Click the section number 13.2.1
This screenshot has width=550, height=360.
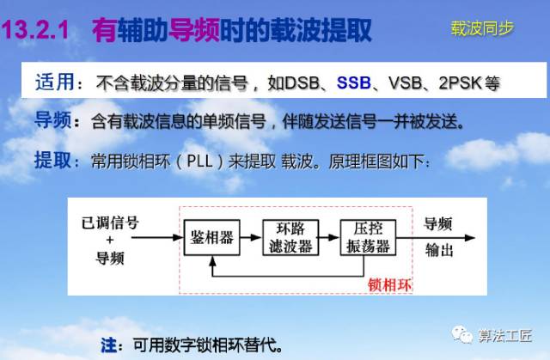click(x=35, y=29)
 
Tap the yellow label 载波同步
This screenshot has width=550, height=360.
click(x=482, y=28)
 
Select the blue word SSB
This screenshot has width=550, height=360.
click(x=353, y=83)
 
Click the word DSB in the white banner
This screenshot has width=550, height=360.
click(x=302, y=83)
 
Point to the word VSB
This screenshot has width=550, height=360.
click(x=405, y=83)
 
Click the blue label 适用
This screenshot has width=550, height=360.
click(x=55, y=82)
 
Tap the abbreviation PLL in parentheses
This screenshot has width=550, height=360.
click(x=200, y=162)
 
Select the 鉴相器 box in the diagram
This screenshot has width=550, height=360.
click(x=212, y=238)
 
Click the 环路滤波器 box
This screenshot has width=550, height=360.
click(x=290, y=238)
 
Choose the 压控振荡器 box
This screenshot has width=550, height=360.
click(x=369, y=238)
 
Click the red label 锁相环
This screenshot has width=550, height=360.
click(x=389, y=285)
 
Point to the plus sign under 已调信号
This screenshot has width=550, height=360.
click(x=110, y=240)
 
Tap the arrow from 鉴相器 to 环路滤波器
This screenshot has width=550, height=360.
click(x=251, y=238)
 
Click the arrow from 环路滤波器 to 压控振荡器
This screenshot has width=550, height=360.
click(x=329, y=238)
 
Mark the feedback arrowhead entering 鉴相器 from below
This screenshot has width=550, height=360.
click(x=212, y=260)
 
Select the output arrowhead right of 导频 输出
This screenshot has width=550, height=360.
click(x=470, y=238)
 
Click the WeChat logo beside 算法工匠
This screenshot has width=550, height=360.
click(x=462, y=334)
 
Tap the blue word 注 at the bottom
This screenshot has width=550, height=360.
click(x=109, y=345)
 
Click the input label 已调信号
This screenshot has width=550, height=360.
click(x=110, y=223)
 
